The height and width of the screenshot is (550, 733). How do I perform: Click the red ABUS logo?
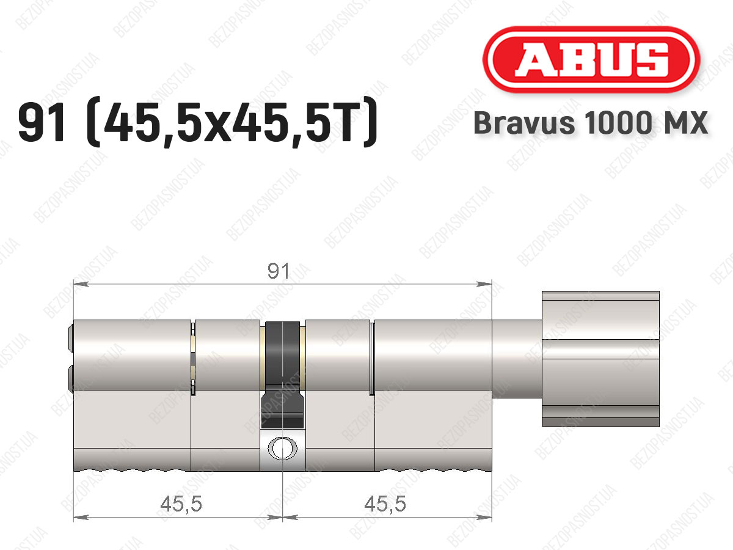[591, 59]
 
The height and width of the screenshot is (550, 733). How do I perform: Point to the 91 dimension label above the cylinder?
[278, 271]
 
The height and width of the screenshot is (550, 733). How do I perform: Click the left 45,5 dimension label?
[181, 504]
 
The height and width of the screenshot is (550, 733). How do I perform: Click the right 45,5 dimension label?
[385, 504]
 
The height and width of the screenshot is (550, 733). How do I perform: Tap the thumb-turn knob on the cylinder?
[600, 359]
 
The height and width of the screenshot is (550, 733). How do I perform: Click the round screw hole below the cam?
[283, 448]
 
